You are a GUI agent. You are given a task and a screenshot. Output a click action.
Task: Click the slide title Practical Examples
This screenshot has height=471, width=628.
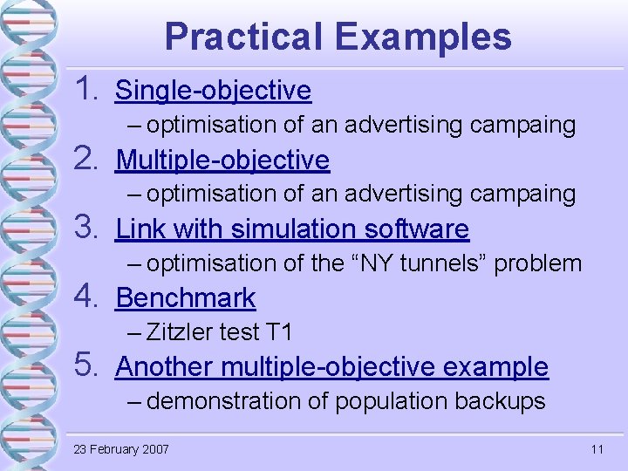[x=338, y=37]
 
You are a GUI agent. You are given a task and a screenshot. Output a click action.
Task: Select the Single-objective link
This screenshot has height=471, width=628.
[x=213, y=90]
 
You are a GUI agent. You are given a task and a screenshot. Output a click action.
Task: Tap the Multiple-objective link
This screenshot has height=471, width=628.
[x=222, y=160]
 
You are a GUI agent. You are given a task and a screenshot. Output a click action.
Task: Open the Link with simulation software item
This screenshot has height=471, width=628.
[x=292, y=229]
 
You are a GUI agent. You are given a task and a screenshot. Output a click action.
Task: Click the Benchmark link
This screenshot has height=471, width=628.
[x=186, y=297]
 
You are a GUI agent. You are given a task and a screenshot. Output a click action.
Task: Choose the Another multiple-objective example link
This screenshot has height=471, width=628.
[x=331, y=366]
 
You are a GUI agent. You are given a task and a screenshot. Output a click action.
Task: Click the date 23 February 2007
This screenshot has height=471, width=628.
[x=121, y=449]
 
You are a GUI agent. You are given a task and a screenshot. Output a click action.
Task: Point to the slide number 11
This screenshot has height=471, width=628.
[x=597, y=449]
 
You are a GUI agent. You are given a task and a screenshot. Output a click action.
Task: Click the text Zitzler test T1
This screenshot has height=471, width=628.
[x=220, y=332]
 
